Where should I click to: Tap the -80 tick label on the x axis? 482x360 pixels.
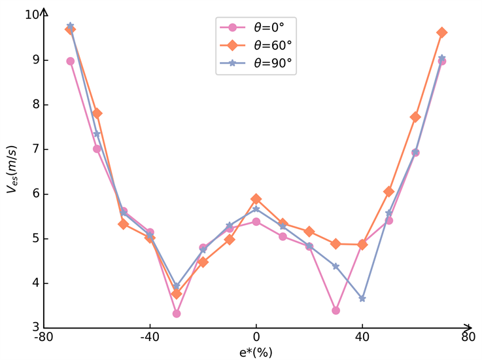[44, 339]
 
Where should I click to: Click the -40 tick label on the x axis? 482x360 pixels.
[150, 339]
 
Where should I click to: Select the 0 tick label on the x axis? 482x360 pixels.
[256, 339]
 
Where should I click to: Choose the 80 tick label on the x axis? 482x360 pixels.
[468, 339]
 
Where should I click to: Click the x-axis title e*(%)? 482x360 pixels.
[256, 353]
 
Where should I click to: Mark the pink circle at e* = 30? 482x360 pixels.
[336, 310]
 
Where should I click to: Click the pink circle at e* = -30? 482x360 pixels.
[177, 314]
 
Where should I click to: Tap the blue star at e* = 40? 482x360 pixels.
[362, 298]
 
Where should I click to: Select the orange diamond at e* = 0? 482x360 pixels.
[256, 199]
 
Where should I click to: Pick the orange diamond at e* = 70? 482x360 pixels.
[441, 32]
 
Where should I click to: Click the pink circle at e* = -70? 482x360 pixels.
[71, 61]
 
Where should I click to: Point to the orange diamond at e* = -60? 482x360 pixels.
[97, 113]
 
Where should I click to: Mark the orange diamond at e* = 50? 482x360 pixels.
[388, 192]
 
